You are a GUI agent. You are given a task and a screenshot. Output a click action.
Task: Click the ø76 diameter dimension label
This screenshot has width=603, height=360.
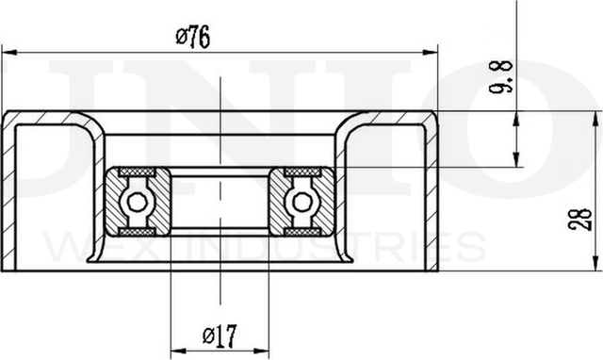point(192,37)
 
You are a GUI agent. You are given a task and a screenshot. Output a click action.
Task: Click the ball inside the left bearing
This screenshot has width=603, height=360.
point(138,202)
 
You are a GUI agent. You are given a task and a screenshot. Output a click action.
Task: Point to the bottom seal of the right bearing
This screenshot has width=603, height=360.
point(302,231)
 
